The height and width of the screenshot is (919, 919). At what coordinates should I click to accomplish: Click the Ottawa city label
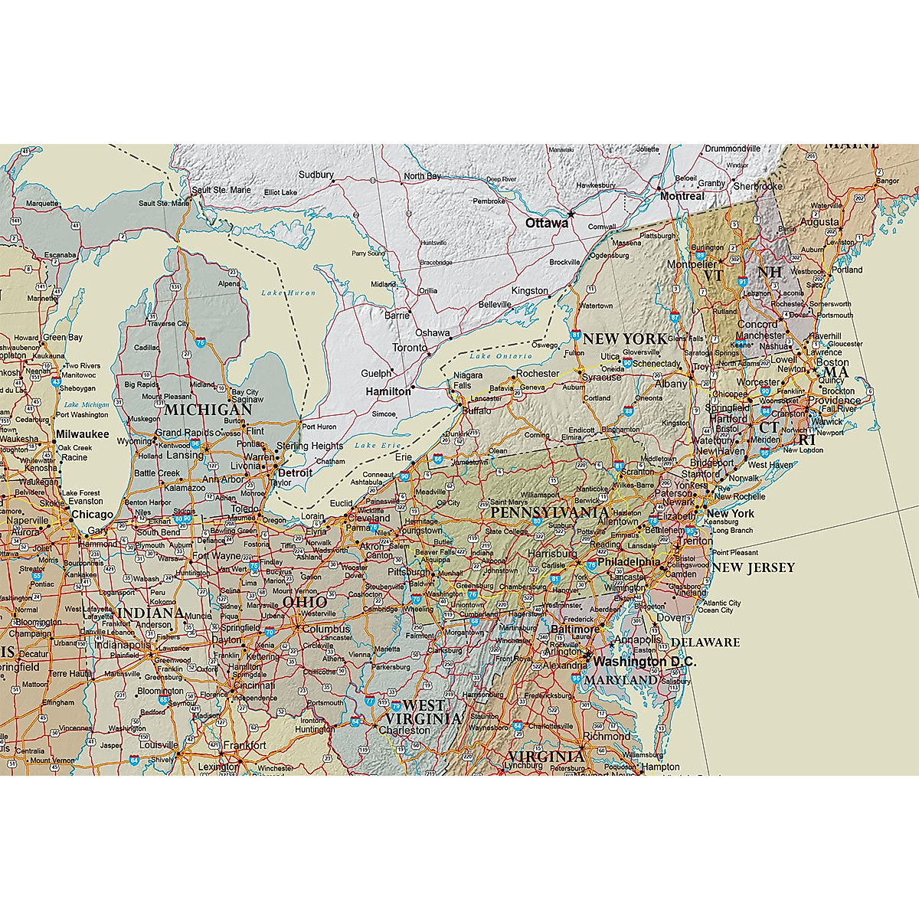547,223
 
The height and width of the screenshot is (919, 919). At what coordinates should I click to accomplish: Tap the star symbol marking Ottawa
571,214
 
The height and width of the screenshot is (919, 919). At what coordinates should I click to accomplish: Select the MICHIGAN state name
207,410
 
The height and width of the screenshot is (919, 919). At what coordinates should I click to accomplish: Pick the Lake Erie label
378,446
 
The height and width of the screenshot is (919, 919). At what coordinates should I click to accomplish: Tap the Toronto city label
410,348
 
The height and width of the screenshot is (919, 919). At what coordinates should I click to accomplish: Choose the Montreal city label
682,196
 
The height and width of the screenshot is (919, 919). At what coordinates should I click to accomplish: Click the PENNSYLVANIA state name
550,512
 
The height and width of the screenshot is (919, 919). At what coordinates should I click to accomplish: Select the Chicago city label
92,515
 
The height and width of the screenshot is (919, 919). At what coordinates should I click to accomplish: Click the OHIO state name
305,603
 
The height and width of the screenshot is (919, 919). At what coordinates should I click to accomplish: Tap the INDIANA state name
151,613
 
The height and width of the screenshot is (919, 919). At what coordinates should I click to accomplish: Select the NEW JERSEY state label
754,567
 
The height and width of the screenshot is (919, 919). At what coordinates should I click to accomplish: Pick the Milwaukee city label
82,433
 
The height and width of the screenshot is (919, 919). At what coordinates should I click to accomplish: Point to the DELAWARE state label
705,642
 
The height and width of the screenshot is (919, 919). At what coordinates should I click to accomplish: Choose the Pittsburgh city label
409,572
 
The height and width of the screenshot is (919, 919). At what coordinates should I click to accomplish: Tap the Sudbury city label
316,175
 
